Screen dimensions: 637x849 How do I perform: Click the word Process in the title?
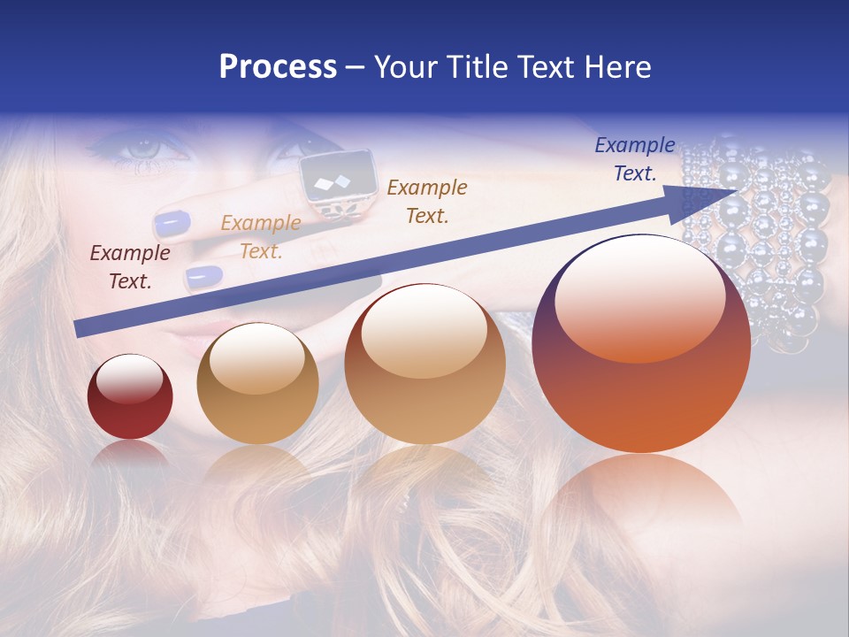tap(278, 67)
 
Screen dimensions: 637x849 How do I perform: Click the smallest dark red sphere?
tap(130, 396)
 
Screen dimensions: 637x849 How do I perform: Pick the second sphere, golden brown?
tap(257, 383)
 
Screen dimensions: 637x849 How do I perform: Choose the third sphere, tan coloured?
tap(424, 364)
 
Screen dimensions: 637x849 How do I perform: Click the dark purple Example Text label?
tap(130, 267)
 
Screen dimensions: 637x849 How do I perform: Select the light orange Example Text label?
tap(261, 237)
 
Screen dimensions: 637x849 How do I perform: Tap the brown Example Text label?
tap(427, 201)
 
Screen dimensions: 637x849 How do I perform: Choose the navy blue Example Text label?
tap(635, 159)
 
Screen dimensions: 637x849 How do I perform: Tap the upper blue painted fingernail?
tap(172, 223)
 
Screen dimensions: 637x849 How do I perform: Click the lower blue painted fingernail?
tap(204, 277)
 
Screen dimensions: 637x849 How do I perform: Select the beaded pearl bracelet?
tap(761, 239)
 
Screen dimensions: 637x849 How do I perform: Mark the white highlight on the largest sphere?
tap(639, 296)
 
